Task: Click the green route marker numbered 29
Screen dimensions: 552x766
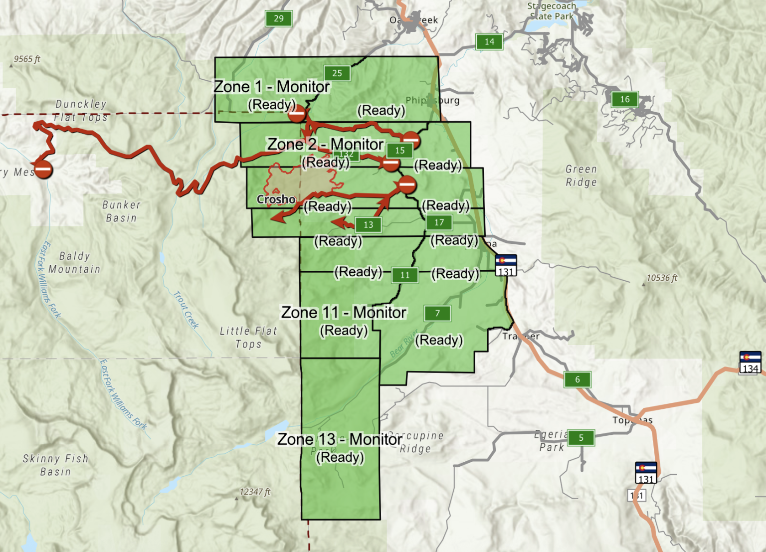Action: (279, 19)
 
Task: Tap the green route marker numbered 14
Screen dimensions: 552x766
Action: (489, 42)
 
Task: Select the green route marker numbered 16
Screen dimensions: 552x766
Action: (625, 99)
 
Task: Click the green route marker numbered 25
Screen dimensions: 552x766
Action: (337, 73)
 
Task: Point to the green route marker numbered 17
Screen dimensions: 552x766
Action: (439, 222)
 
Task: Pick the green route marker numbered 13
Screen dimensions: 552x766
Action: (368, 225)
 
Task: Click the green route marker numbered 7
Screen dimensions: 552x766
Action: (437, 313)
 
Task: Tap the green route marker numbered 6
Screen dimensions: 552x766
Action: (577, 379)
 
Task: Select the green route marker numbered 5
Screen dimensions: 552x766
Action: (581, 438)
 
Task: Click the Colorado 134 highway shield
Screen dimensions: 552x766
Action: (750, 363)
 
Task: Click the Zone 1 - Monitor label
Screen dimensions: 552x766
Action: (272, 87)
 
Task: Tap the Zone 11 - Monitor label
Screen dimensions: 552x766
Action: (344, 313)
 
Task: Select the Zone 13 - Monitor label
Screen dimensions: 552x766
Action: (340, 439)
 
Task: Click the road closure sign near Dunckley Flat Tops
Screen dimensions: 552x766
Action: (43, 170)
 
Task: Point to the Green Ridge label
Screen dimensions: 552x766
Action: (581, 176)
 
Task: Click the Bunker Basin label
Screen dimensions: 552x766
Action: (121, 211)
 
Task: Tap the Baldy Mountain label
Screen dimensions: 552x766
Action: (75, 263)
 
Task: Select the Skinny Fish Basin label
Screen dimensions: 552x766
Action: (55, 465)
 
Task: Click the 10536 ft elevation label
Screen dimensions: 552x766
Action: (662, 278)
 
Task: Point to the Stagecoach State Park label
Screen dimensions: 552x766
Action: (552, 11)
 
